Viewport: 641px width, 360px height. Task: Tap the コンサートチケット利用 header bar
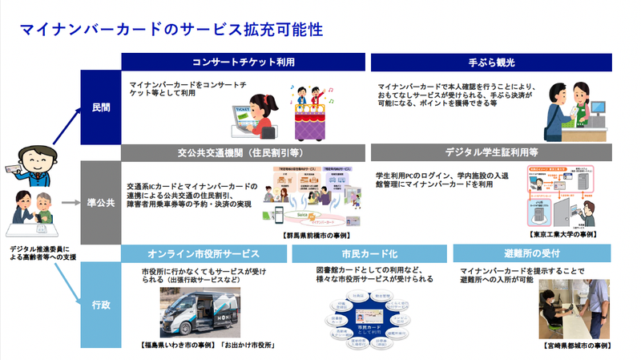tap(243, 62)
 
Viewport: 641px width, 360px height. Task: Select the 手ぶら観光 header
tap(490, 62)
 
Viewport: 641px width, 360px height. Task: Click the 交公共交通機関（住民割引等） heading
tap(243, 152)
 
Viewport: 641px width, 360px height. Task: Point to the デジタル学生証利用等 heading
tap(490, 152)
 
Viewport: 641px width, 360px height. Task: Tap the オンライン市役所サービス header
tap(204, 253)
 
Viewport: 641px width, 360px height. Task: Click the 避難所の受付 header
tap(533, 253)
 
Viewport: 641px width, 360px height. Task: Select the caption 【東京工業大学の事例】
tap(561, 235)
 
